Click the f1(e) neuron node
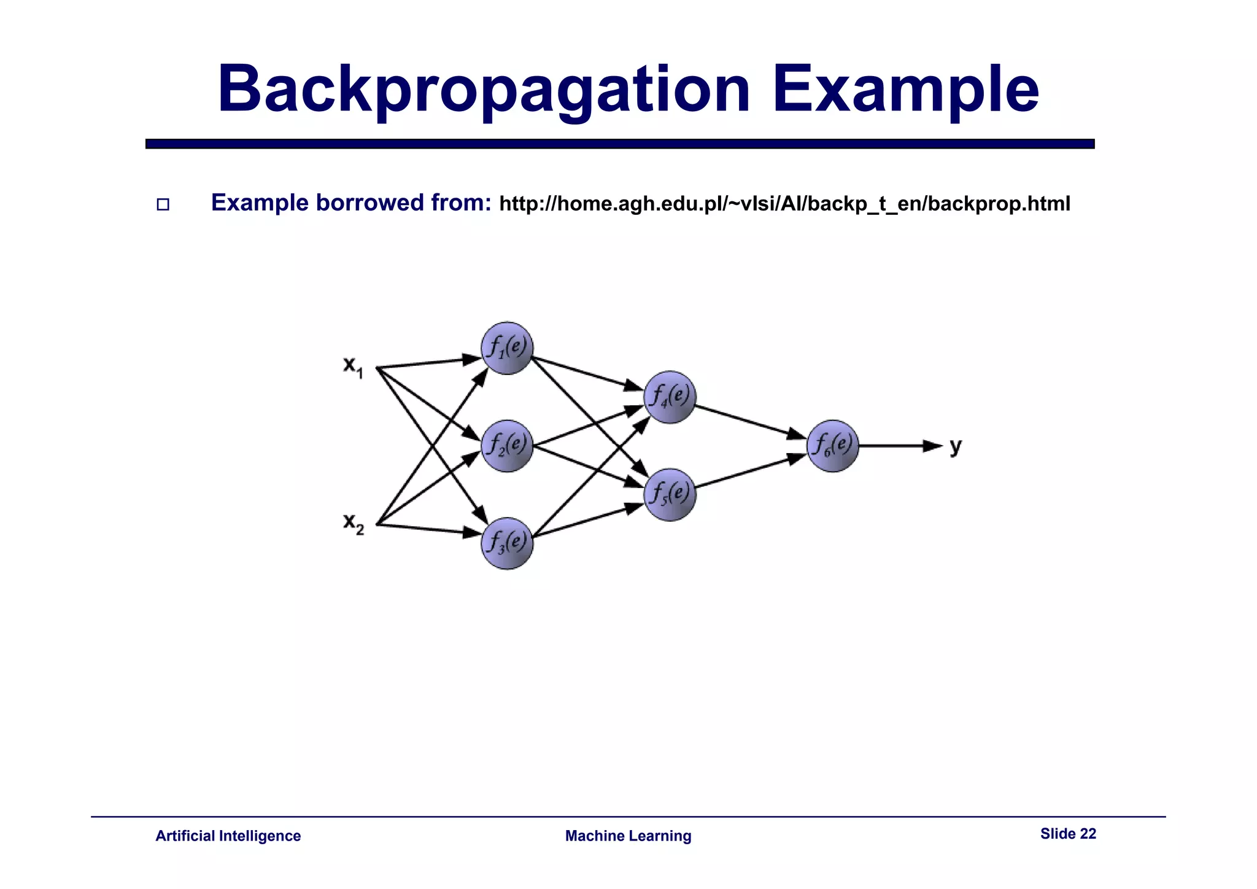[x=507, y=348]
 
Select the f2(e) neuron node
[x=507, y=446]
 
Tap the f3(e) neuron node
[x=507, y=543]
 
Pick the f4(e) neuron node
[x=670, y=397]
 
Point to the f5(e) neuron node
[x=670, y=495]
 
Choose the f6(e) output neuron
[x=832, y=446]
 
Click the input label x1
[x=353, y=367]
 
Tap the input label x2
[x=353, y=524]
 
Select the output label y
[x=956, y=446]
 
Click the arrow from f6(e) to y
[x=899, y=446]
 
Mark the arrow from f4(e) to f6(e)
[x=750, y=422]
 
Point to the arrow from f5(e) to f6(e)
[x=750, y=472]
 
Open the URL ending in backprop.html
[x=784, y=204]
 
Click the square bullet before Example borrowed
[x=163, y=204]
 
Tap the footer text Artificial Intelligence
[x=228, y=836]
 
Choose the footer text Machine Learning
[x=628, y=836]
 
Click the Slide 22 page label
[x=1067, y=834]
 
